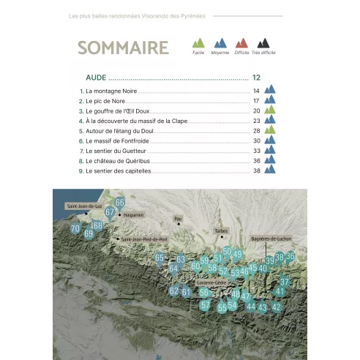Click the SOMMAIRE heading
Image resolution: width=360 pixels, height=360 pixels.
coord(123,48)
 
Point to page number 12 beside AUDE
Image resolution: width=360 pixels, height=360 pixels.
coord(256,77)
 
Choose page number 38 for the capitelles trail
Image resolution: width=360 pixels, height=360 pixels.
coord(257,170)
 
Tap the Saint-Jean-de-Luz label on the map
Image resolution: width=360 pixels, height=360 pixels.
coord(83,206)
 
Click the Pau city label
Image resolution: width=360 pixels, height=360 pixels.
coord(177,218)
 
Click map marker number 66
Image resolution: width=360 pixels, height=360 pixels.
coord(120,203)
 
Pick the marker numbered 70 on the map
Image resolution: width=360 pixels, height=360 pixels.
coord(75,228)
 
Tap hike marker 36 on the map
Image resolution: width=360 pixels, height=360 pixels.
coord(290,256)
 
